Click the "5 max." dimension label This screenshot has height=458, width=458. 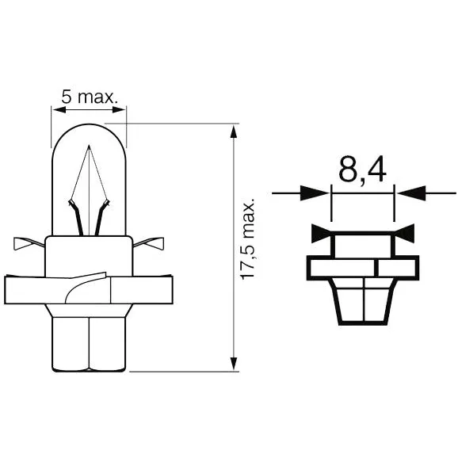click(x=90, y=97)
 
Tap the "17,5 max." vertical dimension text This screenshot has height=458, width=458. click(x=246, y=239)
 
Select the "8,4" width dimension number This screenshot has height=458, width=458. click(x=362, y=170)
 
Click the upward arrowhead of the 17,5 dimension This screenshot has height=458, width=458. click(x=233, y=132)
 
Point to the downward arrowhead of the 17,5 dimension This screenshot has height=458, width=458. click(x=233, y=364)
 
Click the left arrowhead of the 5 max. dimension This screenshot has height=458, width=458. click(x=59, y=110)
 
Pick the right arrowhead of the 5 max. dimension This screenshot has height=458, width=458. click(x=119, y=110)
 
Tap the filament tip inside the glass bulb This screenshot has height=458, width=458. click(x=89, y=146)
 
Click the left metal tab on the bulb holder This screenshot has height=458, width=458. click(x=29, y=243)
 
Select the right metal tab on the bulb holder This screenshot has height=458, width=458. click(x=148, y=243)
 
